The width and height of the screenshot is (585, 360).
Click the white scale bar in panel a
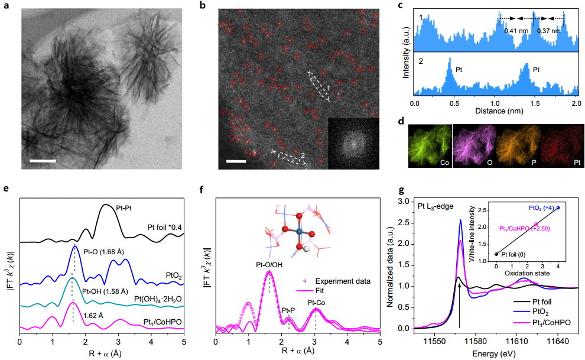click(x=43, y=160)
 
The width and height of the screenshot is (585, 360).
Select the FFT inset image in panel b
click(x=353, y=144)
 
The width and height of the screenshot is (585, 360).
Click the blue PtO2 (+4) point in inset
click(x=559, y=208)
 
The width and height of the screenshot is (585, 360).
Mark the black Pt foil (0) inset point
click(x=496, y=254)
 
